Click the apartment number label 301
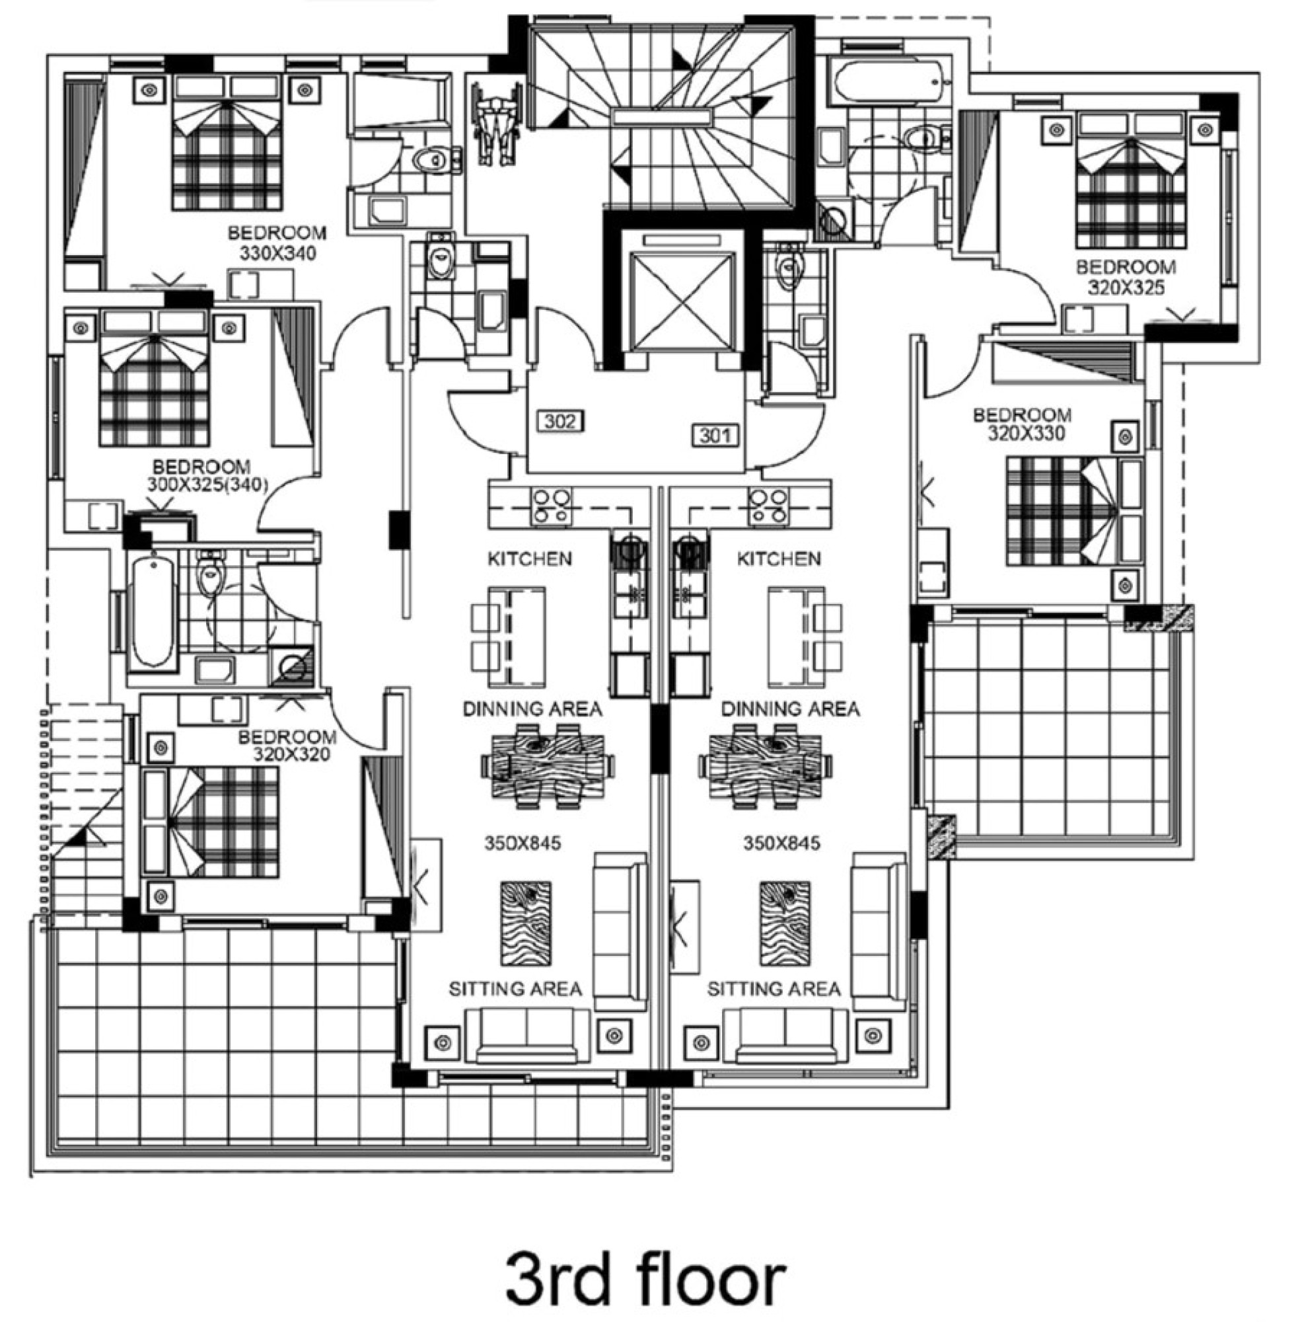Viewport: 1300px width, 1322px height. point(715,435)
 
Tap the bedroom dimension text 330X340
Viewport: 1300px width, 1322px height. point(278,253)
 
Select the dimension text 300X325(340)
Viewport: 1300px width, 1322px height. point(207,485)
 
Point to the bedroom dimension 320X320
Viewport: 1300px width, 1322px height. point(291,754)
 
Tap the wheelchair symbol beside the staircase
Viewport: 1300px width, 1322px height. point(496,124)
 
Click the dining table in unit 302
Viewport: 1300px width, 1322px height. point(548,765)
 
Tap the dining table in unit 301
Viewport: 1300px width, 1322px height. point(765,765)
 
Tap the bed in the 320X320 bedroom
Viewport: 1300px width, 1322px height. point(211,821)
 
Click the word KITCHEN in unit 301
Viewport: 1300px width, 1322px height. point(778,559)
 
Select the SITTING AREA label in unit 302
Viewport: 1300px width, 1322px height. point(515,989)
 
